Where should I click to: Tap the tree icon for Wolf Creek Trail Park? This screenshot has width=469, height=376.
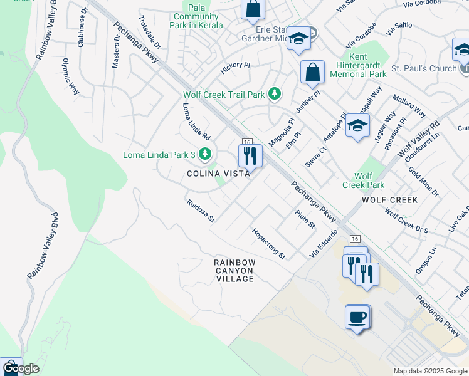[275, 95]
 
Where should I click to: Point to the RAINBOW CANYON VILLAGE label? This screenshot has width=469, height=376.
[234, 271]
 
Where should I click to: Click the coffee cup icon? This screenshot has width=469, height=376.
[357, 317]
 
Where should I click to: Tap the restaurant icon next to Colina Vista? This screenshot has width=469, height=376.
[250, 155]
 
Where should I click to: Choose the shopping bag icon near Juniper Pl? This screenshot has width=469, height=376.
[312, 73]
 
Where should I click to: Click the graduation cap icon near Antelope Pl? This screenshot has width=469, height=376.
[357, 126]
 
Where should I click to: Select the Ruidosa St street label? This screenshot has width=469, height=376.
[201, 211]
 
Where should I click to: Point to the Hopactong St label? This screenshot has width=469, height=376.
[268, 244]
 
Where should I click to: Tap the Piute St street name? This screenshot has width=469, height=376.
[305, 219]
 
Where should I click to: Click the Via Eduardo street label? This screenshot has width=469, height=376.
[324, 244]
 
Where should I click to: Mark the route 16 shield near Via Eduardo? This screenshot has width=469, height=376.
[356, 239]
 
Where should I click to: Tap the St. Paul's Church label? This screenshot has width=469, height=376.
[423, 68]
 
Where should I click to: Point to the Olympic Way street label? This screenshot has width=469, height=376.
[70, 77]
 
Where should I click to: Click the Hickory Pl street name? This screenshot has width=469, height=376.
[235, 65]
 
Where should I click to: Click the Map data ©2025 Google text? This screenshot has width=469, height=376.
[430, 371]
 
